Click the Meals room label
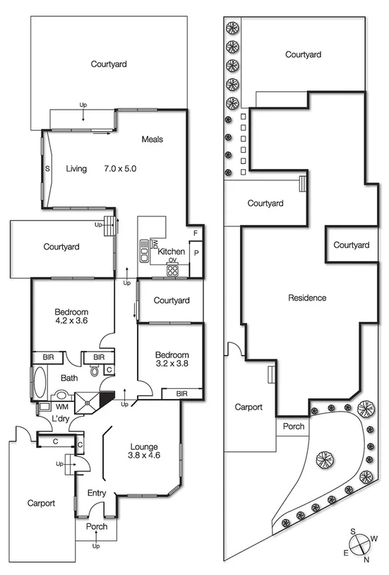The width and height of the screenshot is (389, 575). (x=152, y=139)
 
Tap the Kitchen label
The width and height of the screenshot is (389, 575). (x=171, y=252)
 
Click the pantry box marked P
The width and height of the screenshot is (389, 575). (x=196, y=252)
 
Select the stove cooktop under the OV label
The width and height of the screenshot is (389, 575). (x=172, y=269)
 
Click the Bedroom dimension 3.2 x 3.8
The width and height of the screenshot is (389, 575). (x=172, y=366)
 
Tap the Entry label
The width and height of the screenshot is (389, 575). (x=96, y=493)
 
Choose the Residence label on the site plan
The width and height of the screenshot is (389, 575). (x=307, y=298)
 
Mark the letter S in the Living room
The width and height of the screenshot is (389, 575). (x=47, y=169)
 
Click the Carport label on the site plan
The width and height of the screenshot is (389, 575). (x=249, y=407)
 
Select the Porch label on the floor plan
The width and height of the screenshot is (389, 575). (x=97, y=527)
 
